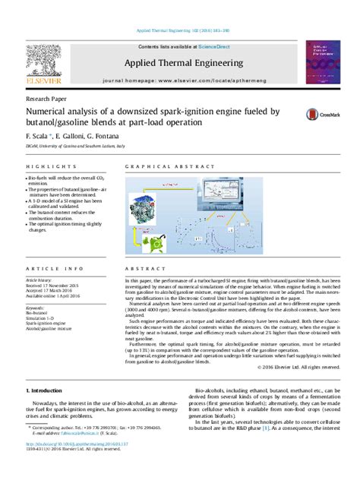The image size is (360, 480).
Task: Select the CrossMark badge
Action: coord(322,114)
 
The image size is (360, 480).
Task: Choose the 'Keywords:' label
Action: coord(36,307)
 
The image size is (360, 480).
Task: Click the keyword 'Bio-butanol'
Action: coord(38,313)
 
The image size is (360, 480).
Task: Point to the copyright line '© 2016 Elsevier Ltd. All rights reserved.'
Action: coord(299,368)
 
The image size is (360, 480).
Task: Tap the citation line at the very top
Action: coord(180,30)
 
